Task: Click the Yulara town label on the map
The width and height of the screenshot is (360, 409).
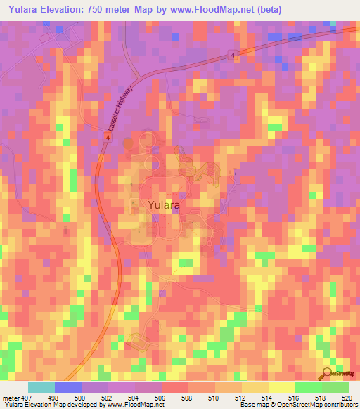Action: (x=164, y=205)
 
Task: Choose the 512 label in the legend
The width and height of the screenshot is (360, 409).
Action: (x=241, y=377)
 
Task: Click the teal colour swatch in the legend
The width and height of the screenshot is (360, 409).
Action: (x=41, y=387)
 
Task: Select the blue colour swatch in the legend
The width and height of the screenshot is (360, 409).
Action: (x=67, y=387)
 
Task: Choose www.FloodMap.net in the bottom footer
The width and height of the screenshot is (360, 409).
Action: (x=133, y=405)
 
